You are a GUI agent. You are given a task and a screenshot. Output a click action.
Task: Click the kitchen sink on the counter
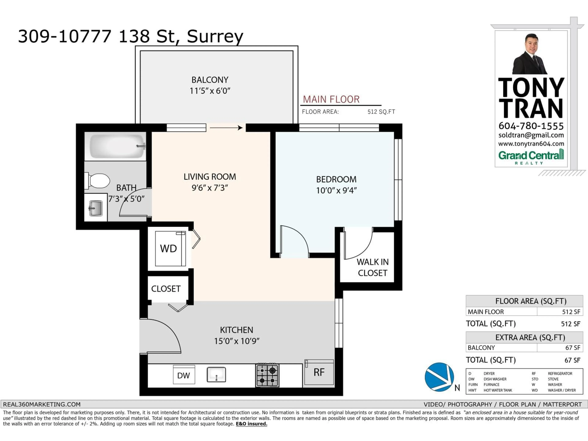(216, 375)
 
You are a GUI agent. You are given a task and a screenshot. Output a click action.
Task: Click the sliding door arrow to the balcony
(226, 128)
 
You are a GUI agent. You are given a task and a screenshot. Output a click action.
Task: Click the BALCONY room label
(210, 80)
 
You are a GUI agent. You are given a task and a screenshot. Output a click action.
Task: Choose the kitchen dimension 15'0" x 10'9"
(237, 341)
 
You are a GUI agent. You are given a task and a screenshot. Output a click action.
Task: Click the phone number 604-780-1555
(531, 126)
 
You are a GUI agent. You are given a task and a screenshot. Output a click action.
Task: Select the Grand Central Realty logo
(531, 157)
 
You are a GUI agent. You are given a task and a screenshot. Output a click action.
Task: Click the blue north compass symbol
(439, 377)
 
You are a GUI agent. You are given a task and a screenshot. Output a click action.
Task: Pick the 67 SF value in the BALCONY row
(572, 348)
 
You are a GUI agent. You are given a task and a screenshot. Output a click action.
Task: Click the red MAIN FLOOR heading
(331, 99)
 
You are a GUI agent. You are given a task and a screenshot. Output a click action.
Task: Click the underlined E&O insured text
(251, 424)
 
